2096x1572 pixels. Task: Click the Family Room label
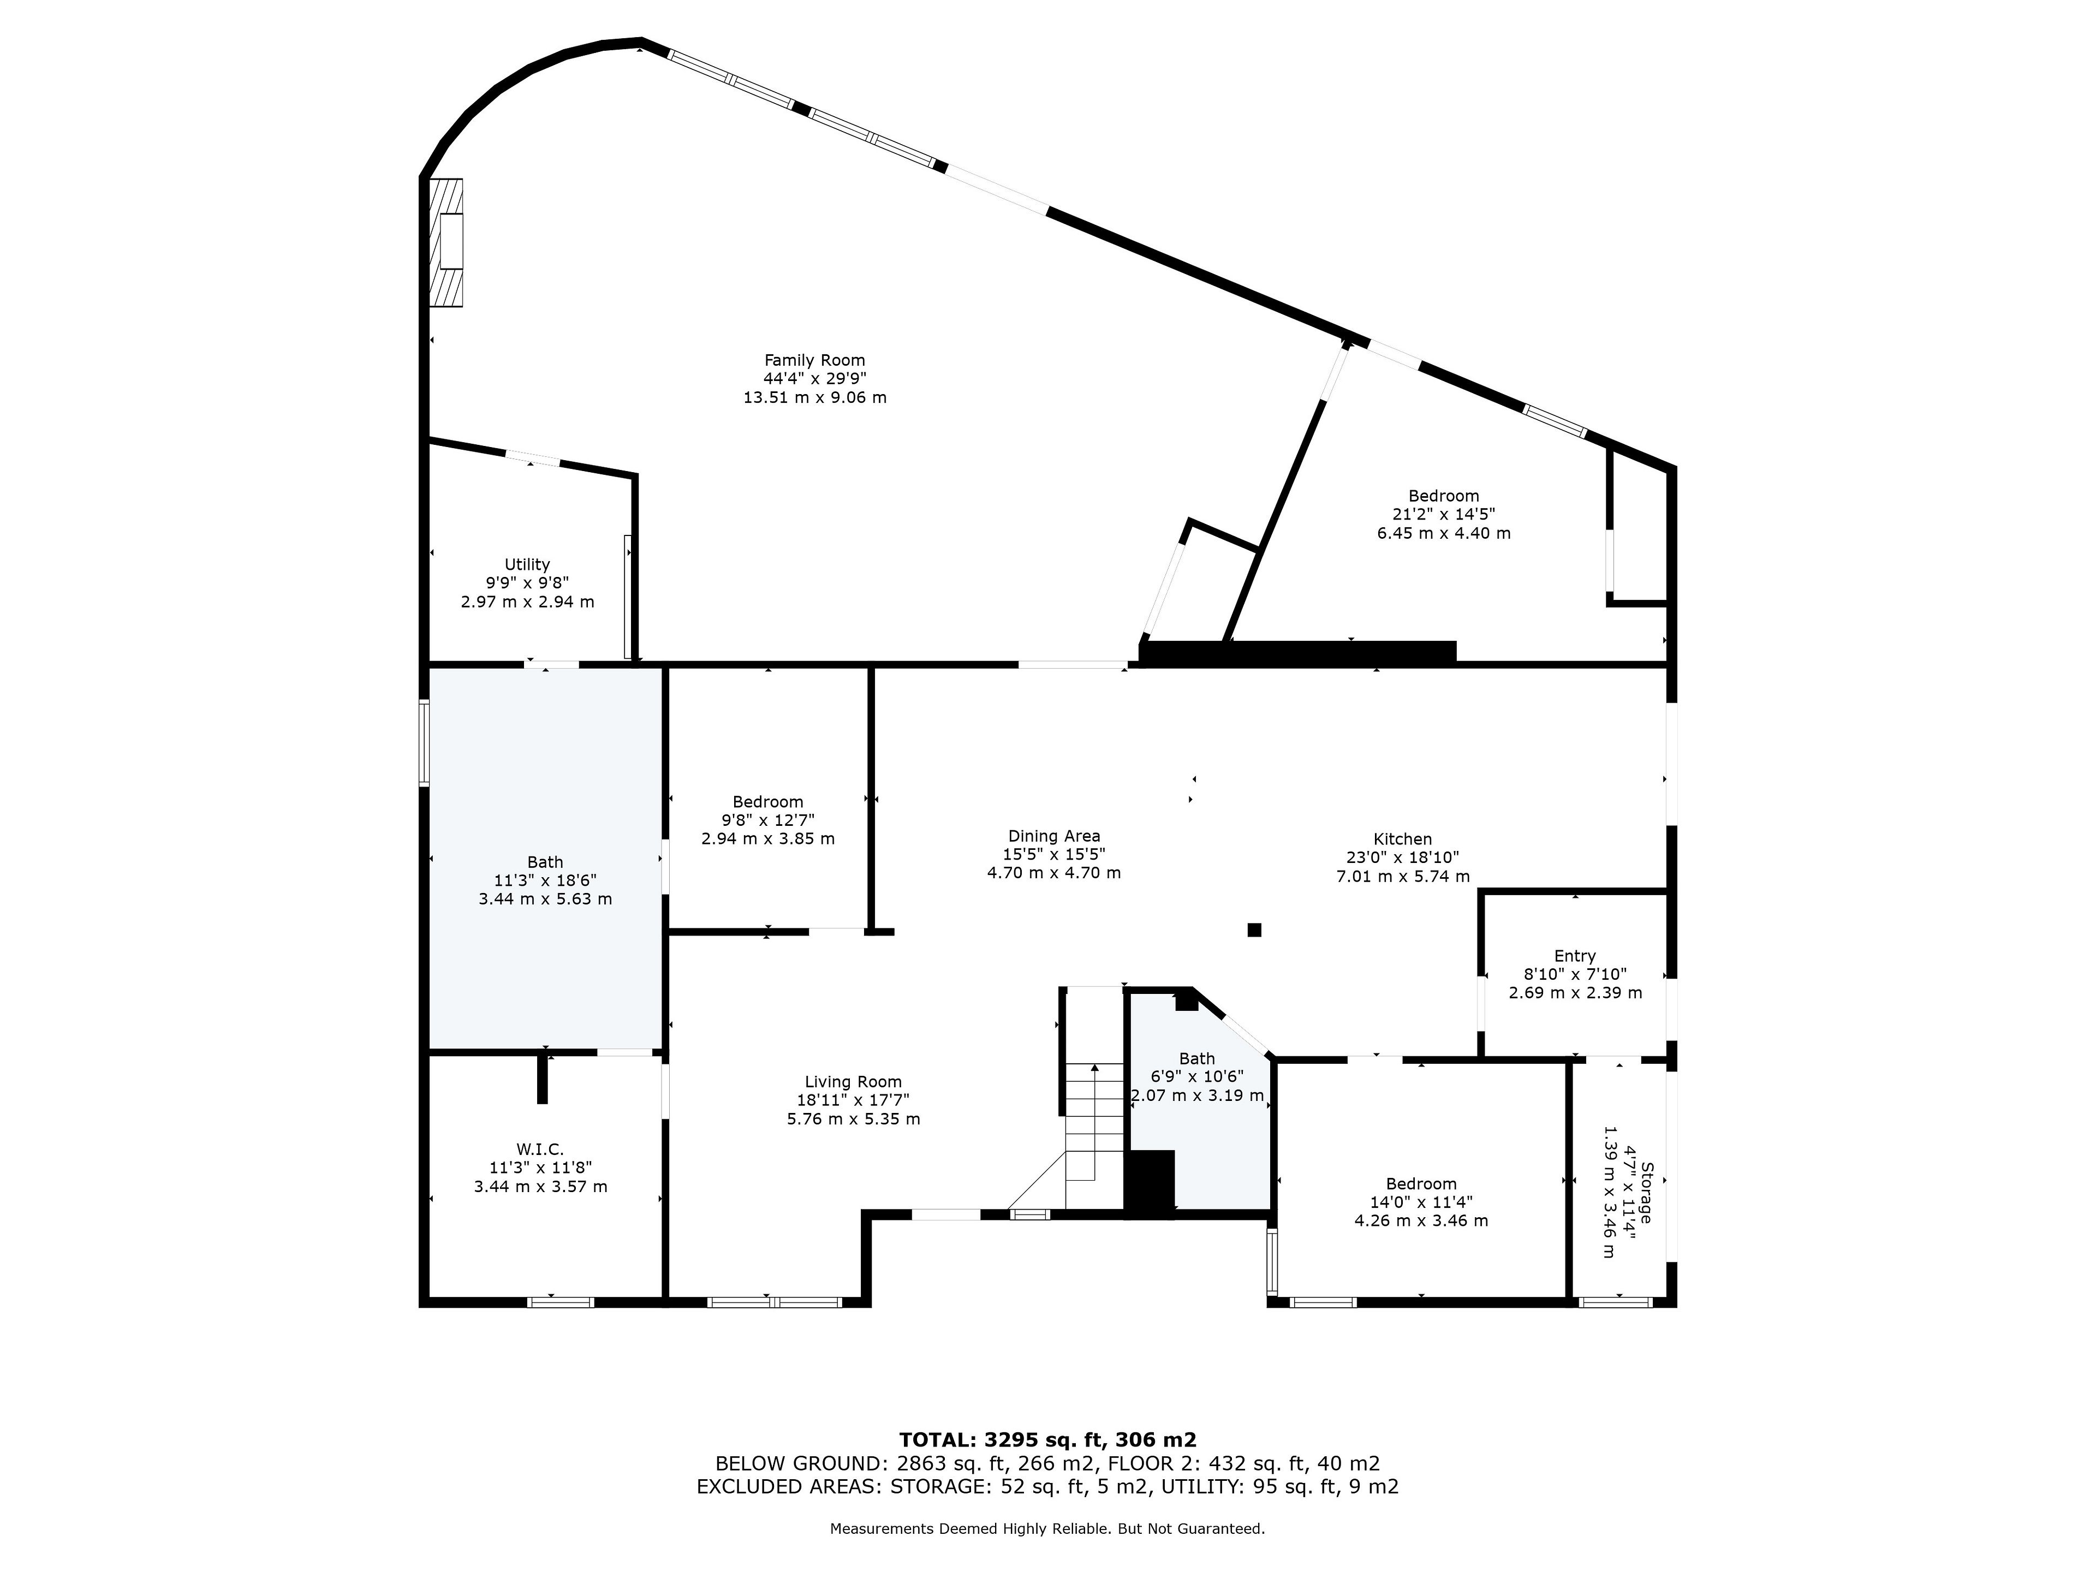(815, 360)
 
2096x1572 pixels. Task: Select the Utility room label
(527, 565)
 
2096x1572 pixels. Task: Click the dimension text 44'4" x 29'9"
(815, 379)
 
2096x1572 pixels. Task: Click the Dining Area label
(1053, 836)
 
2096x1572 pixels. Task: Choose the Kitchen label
(1402, 839)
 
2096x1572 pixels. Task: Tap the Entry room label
(1575, 956)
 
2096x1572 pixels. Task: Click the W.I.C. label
(540, 1150)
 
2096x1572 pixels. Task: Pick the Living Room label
(853, 1082)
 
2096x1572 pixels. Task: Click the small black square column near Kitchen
(1254, 930)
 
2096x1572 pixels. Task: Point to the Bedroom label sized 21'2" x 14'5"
(1443, 496)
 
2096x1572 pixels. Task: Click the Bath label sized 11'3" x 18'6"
(545, 862)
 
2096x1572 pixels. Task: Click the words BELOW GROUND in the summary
(799, 1463)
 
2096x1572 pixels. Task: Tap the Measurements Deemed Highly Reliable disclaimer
(1047, 1528)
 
